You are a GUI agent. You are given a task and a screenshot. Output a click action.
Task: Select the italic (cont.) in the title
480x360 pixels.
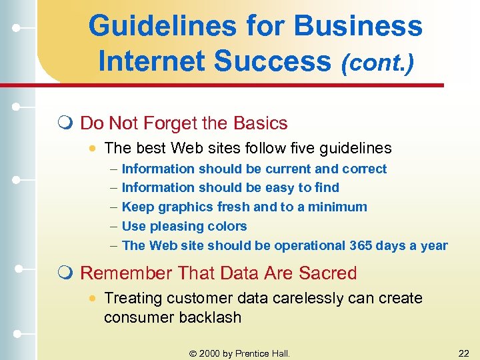(377, 63)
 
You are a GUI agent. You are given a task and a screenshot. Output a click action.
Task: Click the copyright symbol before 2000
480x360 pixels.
(193, 353)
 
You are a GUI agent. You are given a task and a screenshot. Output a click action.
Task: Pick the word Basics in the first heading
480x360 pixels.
(261, 123)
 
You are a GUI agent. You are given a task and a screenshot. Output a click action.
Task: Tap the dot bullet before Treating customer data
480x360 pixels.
(93, 299)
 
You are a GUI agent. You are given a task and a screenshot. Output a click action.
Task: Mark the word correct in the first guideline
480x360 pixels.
(364, 169)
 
